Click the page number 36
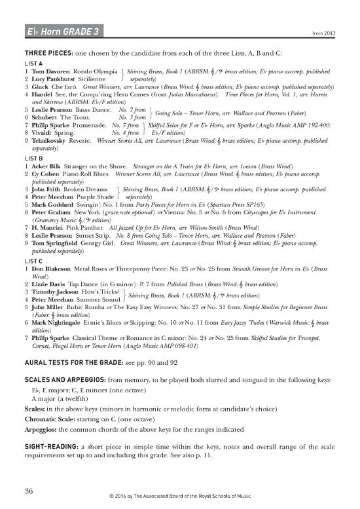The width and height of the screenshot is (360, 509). [x=29, y=491]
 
